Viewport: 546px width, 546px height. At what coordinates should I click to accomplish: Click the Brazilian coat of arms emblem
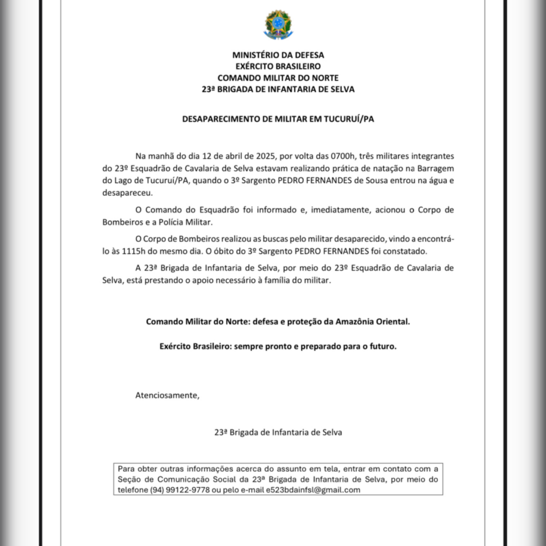coord(278,25)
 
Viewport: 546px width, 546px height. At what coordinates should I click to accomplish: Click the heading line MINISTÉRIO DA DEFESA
coord(278,54)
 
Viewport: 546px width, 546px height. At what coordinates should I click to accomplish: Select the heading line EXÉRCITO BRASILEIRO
coord(278,66)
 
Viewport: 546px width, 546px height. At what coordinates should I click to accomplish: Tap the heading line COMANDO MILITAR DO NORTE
coord(278,78)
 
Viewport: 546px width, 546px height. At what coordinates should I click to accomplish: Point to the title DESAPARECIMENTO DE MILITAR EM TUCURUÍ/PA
coord(278,119)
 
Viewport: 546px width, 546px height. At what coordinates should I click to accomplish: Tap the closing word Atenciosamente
coord(167,395)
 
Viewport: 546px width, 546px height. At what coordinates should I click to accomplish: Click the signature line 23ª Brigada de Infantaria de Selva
coord(278,432)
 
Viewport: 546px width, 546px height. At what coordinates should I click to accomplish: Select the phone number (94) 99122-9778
coord(179,490)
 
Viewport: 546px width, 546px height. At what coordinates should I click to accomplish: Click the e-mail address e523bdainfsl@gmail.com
coord(313,490)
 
